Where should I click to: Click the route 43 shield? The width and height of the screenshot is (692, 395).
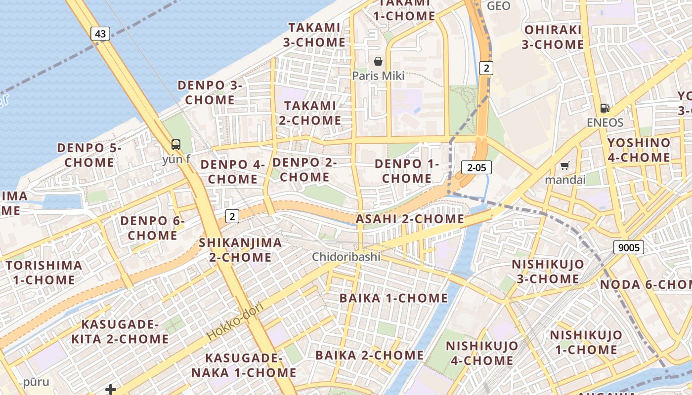[x=100, y=34]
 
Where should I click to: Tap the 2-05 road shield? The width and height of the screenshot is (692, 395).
[x=476, y=167]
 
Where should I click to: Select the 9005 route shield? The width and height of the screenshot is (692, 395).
[x=629, y=247]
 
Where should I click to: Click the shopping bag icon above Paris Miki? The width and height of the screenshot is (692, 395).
[x=378, y=61]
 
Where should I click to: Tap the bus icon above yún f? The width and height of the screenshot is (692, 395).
[x=176, y=145]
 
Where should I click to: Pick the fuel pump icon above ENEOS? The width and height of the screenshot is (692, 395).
[x=605, y=108]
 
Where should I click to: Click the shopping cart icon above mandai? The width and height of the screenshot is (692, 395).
[x=565, y=165]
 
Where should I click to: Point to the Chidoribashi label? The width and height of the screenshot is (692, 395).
[x=346, y=257]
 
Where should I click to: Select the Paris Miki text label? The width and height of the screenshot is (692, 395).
[x=378, y=76]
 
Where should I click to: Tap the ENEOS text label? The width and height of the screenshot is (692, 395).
[x=605, y=122]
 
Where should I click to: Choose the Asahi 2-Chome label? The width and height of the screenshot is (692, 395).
[x=410, y=219]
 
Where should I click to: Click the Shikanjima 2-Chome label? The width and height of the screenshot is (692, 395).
[x=240, y=250]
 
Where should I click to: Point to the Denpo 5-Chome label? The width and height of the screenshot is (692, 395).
[x=89, y=155]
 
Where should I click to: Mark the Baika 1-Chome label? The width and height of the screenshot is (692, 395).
[x=393, y=298]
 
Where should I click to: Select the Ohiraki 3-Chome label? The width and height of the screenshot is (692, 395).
[x=553, y=37]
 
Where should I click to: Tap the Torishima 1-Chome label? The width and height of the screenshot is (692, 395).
[x=44, y=273]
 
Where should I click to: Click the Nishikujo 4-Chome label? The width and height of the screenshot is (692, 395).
[x=482, y=353]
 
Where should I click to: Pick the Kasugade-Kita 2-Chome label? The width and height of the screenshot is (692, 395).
[x=120, y=332]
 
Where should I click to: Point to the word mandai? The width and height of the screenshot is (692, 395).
[x=565, y=179]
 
